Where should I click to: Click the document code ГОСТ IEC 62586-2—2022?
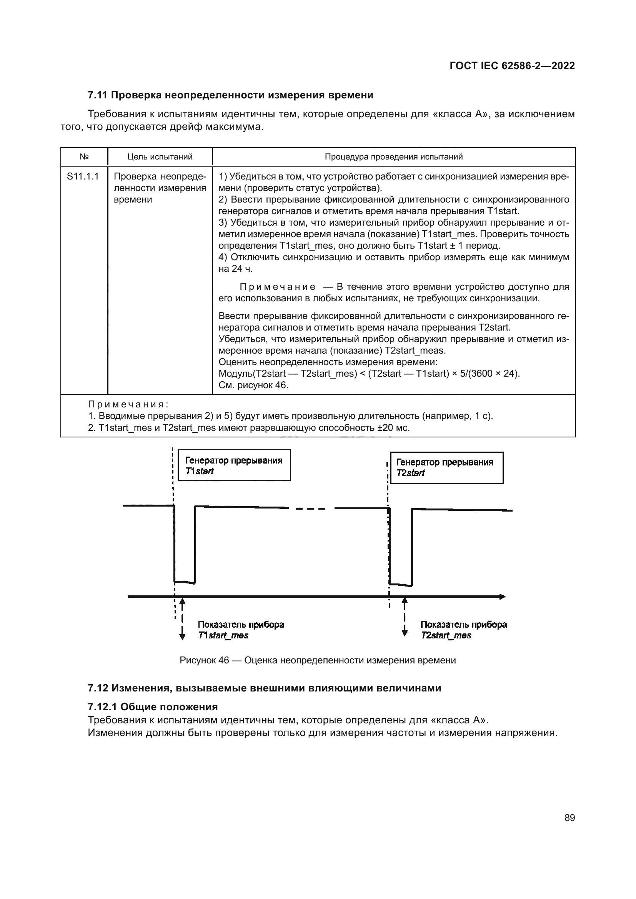click(x=512, y=66)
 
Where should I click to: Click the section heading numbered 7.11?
click(x=230, y=95)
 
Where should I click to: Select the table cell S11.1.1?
click(x=83, y=176)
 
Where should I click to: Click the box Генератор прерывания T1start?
click(x=234, y=465)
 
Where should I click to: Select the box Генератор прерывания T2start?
click(x=446, y=467)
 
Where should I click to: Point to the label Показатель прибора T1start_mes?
click(x=241, y=630)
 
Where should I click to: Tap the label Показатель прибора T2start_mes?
click(x=463, y=630)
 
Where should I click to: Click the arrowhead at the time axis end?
click(x=502, y=597)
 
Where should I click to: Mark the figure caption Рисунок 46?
click(x=318, y=661)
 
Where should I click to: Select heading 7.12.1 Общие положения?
click(x=153, y=707)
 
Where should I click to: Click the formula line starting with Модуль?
click(x=369, y=374)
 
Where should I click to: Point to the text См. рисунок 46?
click(x=253, y=385)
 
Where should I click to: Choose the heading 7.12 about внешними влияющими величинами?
click(x=264, y=688)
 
